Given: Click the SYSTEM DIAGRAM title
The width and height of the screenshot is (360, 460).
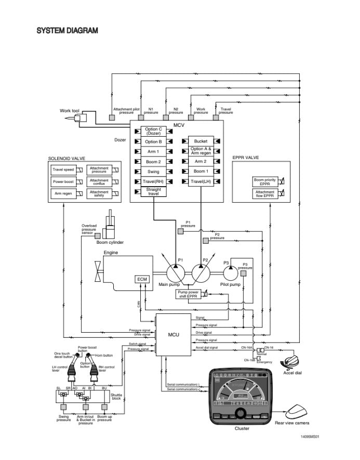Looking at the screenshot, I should coord(67,31).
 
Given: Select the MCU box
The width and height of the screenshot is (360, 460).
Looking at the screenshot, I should coord(174,334).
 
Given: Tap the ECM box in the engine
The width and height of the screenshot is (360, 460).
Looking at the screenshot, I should coord(142,280).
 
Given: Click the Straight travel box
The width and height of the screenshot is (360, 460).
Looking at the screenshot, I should coord(153,192).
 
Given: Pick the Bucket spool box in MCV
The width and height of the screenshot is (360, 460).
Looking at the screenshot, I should coord(201,141).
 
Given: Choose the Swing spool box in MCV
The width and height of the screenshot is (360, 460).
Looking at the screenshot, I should coord(153,172).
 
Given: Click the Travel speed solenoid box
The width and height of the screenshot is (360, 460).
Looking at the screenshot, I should coord(63,169).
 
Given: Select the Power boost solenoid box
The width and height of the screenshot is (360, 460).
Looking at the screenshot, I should coord(63,182).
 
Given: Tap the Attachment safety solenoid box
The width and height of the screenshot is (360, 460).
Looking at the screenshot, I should coord(99,194).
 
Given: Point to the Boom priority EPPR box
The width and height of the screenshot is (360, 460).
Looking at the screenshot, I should coord(264,182).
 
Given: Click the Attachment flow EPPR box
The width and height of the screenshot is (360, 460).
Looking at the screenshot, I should coord(264,194).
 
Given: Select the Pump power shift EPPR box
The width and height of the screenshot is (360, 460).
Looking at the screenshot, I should coord(189,294).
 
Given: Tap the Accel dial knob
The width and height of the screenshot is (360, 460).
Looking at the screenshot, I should coord(291,362).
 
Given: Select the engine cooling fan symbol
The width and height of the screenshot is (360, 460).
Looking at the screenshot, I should coord(97,271).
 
